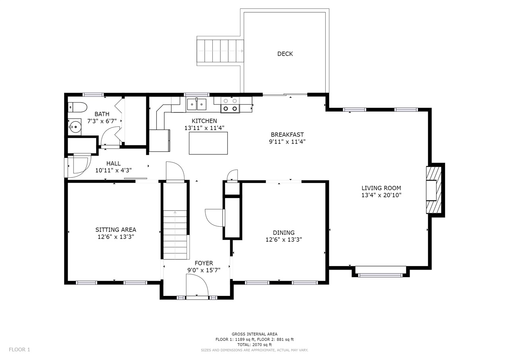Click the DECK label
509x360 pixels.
click(285, 54)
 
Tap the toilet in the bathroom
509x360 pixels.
click(78, 107)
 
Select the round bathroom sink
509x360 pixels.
click(75, 127)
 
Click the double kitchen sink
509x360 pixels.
click(196, 104)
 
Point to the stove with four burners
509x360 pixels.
click(230, 105)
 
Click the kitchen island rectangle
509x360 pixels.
click(208, 143)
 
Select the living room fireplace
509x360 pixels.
click(433, 190)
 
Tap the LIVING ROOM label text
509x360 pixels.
click(381, 188)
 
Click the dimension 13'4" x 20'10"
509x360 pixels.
click(381, 195)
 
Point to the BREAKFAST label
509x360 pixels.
click(287, 135)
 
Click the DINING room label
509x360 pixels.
click(284, 233)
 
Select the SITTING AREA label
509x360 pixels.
click(116, 230)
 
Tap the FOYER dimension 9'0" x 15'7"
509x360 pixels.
click(204, 270)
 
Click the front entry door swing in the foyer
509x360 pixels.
click(197, 285)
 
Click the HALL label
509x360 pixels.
click(113, 163)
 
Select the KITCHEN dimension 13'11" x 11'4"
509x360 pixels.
click(204, 128)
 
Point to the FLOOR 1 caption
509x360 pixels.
click(19, 350)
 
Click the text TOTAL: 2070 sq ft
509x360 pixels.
click(254, 345)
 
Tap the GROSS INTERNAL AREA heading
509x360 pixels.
click(254, 334)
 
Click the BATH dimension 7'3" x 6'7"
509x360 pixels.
click(102, 121)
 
